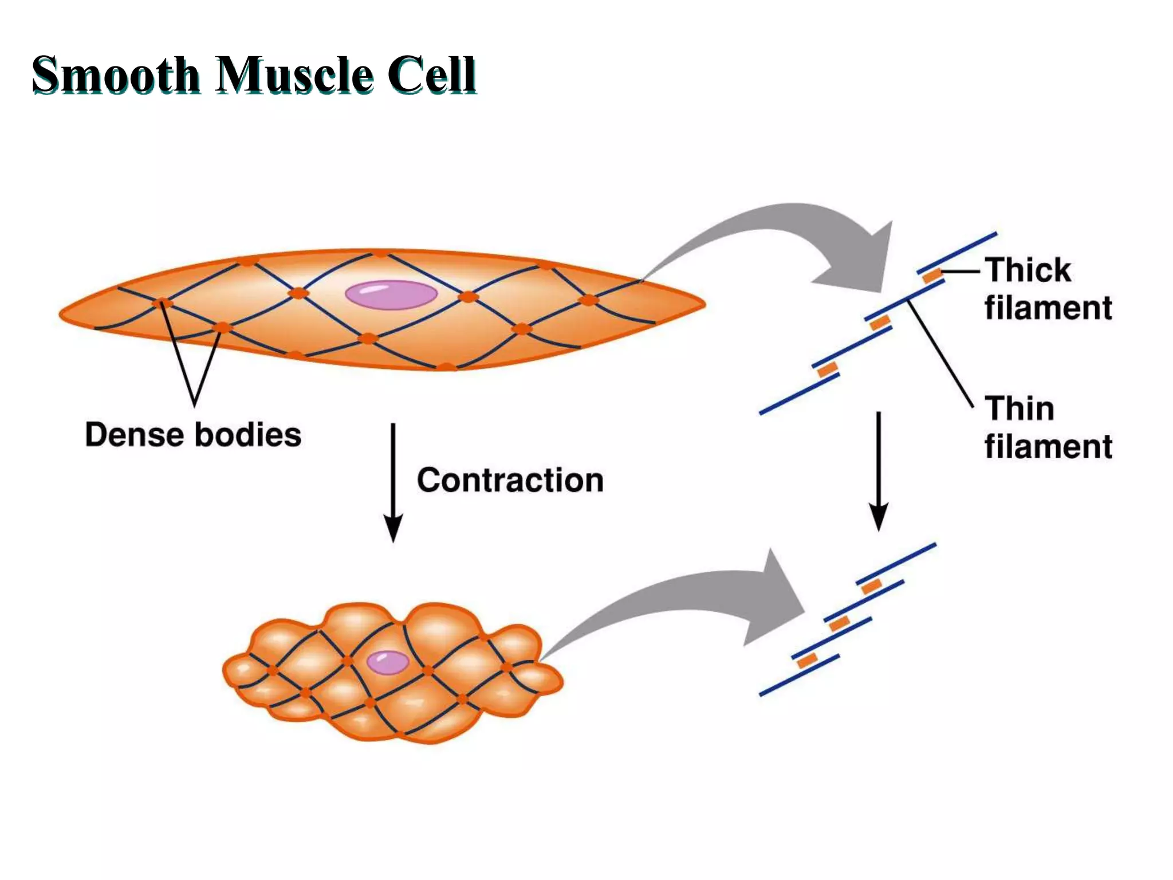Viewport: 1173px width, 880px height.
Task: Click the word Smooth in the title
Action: click(x=115, y=74)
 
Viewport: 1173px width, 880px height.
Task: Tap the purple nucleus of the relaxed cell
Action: click(x=391, y=295)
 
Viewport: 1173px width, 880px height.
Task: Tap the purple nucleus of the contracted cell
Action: click(x=388, y=662)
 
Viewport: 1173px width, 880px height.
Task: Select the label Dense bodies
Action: click(x=193, y=435)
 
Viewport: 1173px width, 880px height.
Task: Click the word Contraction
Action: click(x=510, y=480)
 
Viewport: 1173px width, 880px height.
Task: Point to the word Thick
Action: click(x=1028, y=270)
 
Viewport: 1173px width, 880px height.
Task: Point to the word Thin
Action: click(x=1020, y=408)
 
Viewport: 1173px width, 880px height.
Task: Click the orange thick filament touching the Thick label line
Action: click(x=932, y=276)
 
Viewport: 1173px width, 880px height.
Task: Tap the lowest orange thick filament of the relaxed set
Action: click(x=827, y=370)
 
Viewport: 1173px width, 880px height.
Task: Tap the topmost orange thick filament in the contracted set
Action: click(x=871, y=587)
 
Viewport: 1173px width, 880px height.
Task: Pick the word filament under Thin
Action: click(x=1048, y=447)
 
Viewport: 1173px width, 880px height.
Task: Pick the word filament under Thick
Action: click(x=1048, y=308)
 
